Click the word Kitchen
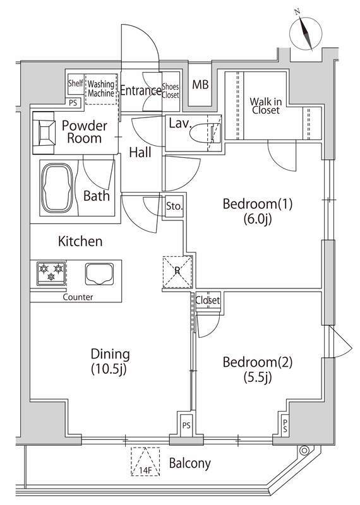(x=80, y=241)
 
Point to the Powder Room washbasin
(x=47, y=131)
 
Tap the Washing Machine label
(x=100, y=88)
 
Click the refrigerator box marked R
(x=177, y=270)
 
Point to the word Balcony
(x=189, y=463)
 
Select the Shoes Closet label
(x=171, y=91)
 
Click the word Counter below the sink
(x=78, y=296)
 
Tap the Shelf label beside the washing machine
(x=75, y=83)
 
